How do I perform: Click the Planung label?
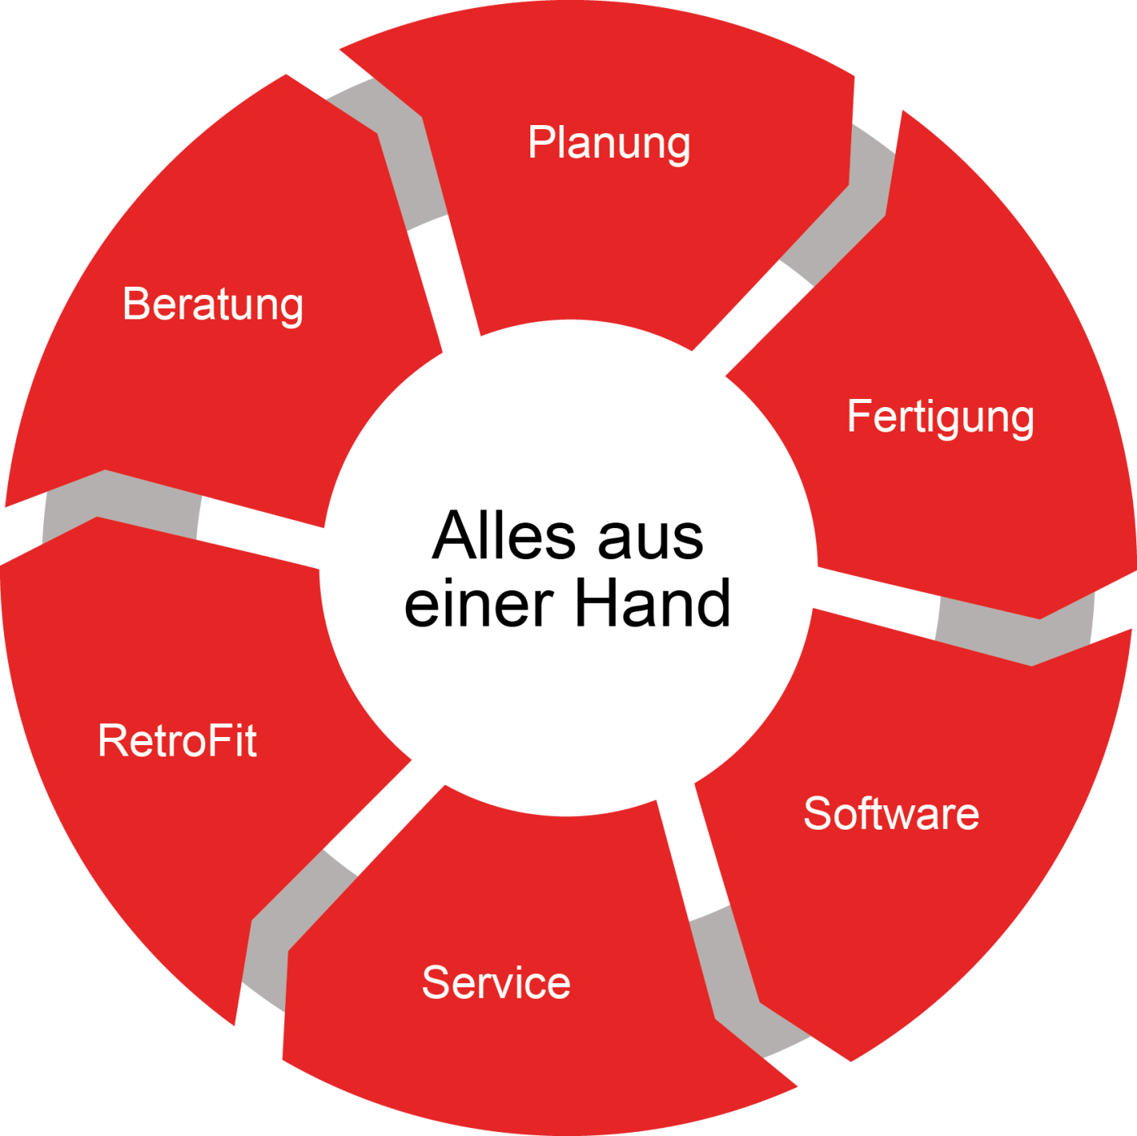609,144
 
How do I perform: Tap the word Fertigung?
940,418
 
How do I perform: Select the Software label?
892,813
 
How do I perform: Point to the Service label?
496,982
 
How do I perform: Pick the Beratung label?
213,306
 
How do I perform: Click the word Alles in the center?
504,535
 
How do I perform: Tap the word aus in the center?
651,541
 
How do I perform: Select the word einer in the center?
478,603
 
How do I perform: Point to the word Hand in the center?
653,602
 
